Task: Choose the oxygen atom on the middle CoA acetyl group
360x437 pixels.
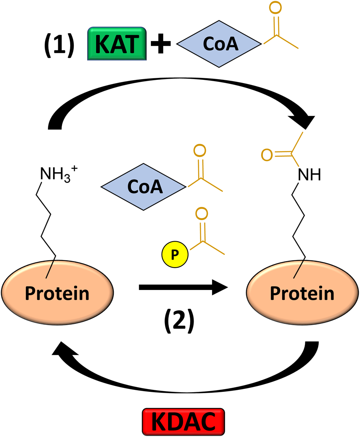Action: [x=200, y=151]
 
